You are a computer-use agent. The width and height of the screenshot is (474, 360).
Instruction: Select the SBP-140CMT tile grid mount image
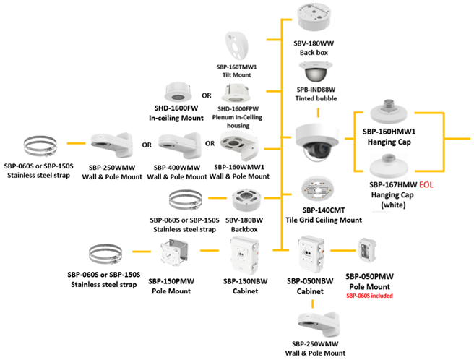(319, 189)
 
